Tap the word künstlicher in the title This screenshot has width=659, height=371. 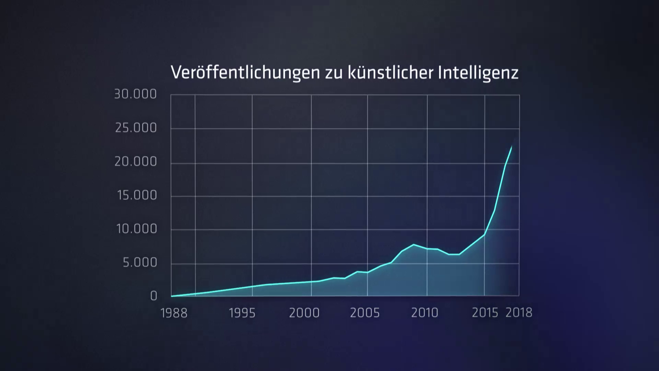[x=390, y=73]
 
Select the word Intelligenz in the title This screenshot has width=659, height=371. [x=478, y=73]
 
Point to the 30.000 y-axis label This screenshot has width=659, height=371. [x=135, y=94]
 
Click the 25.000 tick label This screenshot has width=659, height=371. [x=136, y=128]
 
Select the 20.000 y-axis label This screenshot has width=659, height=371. [x=136, y=161]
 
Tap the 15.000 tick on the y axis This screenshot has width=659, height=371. [x=137, y=195]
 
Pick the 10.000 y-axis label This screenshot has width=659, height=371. [x=137, y=229]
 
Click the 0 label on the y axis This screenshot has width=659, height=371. [x=153, y=296]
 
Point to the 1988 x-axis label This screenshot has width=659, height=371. [x=174, y=313]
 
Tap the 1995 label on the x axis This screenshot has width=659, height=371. [x=242, y=313]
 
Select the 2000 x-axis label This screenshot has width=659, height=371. [x=304, y=313]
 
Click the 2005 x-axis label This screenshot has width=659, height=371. [x=365, y=313]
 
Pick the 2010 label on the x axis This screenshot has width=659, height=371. [x=425, y=313]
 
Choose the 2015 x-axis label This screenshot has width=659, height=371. [x=485, y=313]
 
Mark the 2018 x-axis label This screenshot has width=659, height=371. [x=519, y=313]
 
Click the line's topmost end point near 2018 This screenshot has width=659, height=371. [x=512, y=146]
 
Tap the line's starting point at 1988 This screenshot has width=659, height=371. [x=171, y=296]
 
